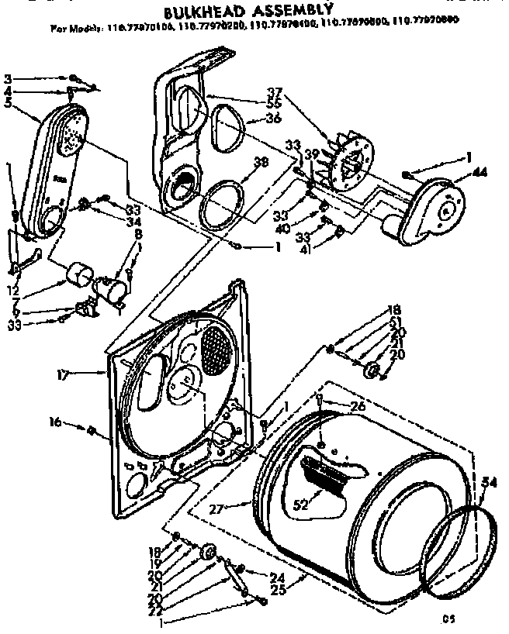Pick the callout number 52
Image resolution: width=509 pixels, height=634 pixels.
coord(300,502)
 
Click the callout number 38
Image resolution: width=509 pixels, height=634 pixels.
coord(261,164)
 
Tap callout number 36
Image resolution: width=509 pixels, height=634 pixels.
coord(272,118)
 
